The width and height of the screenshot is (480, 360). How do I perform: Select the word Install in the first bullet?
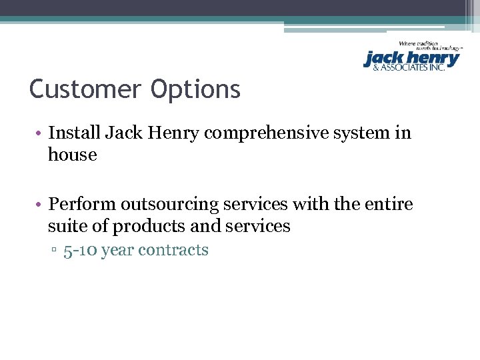(x=74, y=133)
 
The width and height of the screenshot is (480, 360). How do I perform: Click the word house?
(x=72, y=155)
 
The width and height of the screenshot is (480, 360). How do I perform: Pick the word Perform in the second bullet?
(x=83, y=203)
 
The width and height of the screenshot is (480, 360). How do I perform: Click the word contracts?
(x=181, y=251)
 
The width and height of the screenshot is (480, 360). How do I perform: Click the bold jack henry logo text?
(x=411, y=59)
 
